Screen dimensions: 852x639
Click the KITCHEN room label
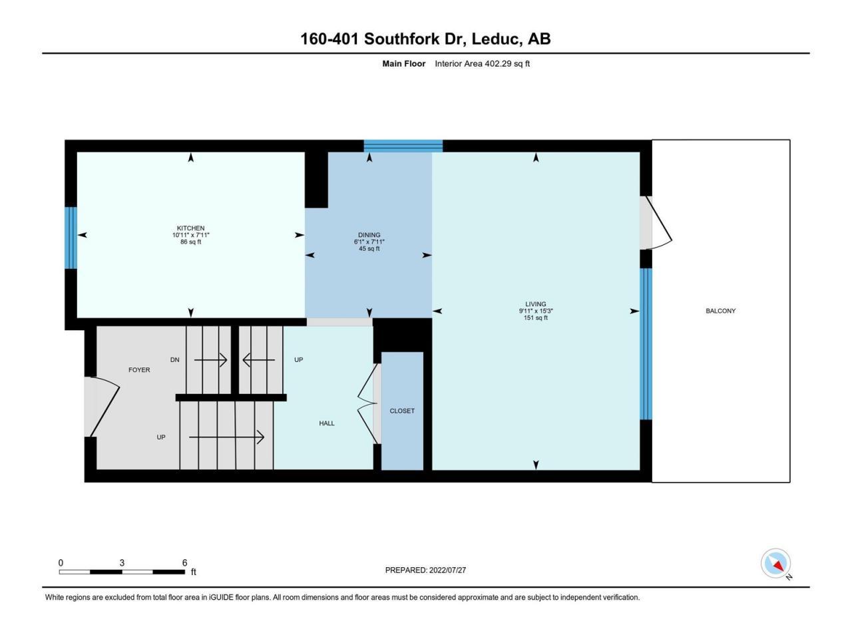click(190, 228)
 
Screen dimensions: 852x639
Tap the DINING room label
click(369, 235)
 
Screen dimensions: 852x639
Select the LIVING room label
click(536, 304)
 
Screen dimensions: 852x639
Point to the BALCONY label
click(720, 311)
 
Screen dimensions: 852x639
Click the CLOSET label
click(402, 411)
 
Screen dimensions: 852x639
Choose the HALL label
click(327, 423)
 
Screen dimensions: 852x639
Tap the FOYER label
click(139, 370)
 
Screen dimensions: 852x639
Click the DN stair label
click(174, 360)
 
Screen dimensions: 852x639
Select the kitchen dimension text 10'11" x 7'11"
click(190, 235)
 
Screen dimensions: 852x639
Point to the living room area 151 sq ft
click(536, 318)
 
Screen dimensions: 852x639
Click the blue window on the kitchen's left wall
click(71, 238)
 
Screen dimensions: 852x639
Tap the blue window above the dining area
click(403, 146)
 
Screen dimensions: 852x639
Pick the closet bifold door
click(368, 403)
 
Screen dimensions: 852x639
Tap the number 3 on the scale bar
click(122, 563)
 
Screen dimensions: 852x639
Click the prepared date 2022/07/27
click(447, 570)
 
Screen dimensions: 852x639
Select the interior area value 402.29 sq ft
click(507, 64)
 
